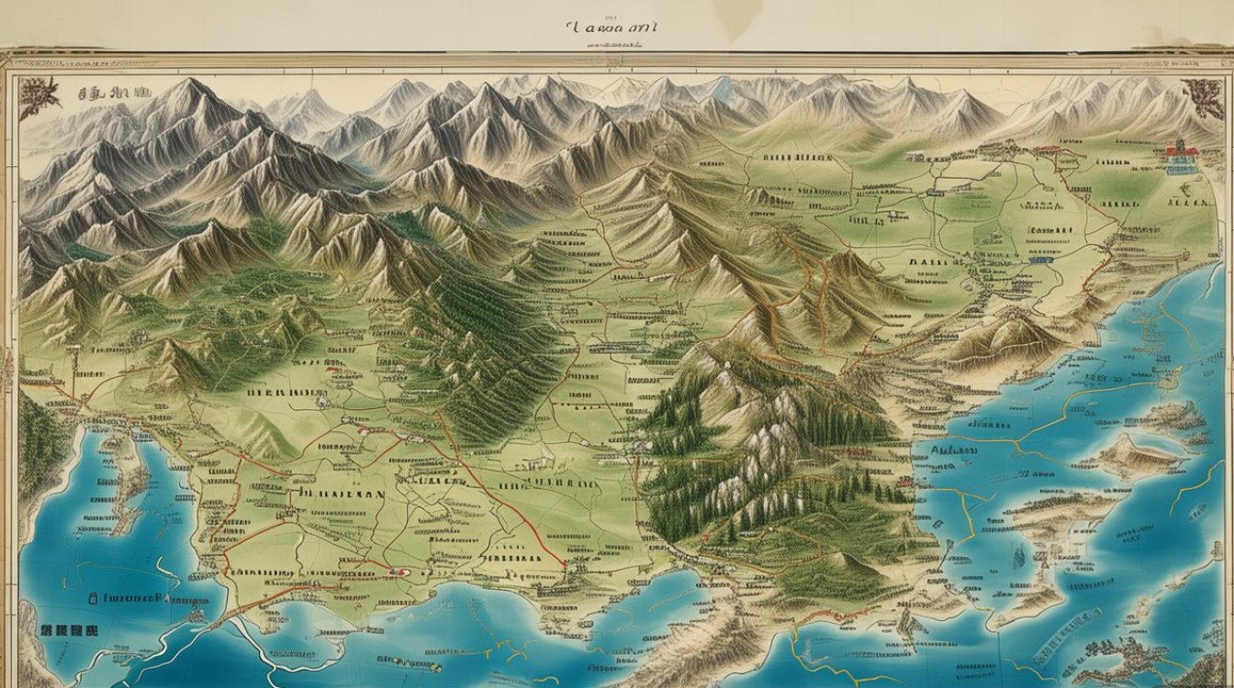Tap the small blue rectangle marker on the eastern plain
[x=1038, y=260]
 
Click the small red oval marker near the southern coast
[x=399, y=570]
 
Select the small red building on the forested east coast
[x=858, y=451]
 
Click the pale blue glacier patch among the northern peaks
[x=725, y=88]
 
